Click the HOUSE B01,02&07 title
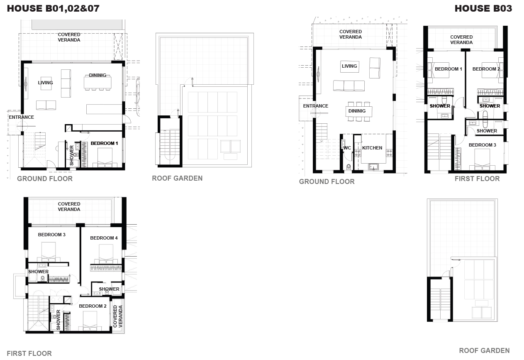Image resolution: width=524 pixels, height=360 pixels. [53, 8]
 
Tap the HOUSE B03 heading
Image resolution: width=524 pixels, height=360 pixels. [483, 8]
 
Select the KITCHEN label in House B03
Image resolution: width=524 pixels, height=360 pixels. [372, 148]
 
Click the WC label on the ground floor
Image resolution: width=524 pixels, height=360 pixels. [347, 148]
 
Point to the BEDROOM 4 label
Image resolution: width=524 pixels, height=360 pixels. [104, 238]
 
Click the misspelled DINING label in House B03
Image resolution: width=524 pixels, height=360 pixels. [357, 111]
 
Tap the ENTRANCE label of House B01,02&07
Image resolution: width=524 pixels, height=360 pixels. [21, 117]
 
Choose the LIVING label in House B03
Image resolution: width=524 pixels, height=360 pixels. [349, 66]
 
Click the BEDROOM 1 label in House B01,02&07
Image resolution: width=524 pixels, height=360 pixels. [104, 143]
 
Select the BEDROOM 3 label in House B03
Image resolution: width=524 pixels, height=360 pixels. [483, 145]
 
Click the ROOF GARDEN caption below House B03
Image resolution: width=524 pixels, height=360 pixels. [484, 350]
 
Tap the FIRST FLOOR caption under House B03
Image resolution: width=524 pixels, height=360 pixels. [477, 179]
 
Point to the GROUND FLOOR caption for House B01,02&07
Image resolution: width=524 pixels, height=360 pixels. [45, 179]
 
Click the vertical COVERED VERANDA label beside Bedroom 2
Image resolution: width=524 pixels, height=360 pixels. [118, 316]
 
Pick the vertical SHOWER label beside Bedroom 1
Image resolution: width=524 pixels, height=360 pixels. [72, 155]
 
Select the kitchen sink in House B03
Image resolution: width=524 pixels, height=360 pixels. [373, 167]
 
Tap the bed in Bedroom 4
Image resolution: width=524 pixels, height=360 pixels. [106, 255]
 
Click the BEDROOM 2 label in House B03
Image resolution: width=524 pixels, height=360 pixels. [486, 69]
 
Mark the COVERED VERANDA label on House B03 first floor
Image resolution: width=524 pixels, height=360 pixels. [461, 40]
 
